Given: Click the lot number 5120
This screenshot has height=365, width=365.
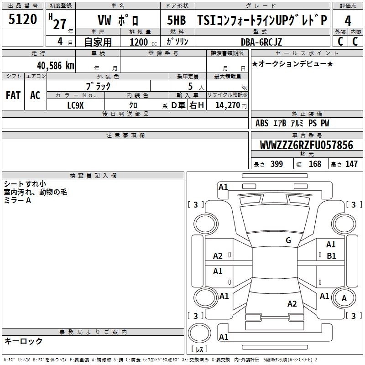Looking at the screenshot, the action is [22, 19].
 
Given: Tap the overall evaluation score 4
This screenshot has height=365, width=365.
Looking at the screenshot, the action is [348, 21].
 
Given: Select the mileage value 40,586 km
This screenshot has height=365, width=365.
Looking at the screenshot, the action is [56, 66].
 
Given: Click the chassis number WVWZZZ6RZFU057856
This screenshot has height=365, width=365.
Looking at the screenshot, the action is [307, 145].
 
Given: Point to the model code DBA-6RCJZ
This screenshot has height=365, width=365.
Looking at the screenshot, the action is [261, 42].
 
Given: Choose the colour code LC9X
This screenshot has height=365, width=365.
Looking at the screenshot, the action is [75, 105].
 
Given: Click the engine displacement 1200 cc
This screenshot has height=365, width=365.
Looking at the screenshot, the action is [143, 42].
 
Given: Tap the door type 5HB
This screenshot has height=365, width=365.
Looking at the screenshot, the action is [177, 20].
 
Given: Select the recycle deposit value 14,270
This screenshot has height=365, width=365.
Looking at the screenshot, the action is [228, 105].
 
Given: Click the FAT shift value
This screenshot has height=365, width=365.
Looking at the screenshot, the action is [13, 95].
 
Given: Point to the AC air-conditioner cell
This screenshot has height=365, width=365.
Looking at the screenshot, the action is [35, 95].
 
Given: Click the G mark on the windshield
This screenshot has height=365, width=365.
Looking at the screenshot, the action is [288, 240].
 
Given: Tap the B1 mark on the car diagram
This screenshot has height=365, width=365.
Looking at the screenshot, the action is [331, 256].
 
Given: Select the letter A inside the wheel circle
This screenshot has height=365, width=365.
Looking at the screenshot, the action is [344, 298].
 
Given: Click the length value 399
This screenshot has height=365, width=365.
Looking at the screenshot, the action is [277, 164].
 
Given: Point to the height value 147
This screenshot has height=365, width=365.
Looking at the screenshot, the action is [351, 164].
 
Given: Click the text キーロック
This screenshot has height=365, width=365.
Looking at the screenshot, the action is [23, 341].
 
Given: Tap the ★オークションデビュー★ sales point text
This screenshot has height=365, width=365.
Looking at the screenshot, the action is [292, 63].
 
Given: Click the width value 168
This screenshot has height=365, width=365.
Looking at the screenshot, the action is [315, 164].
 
